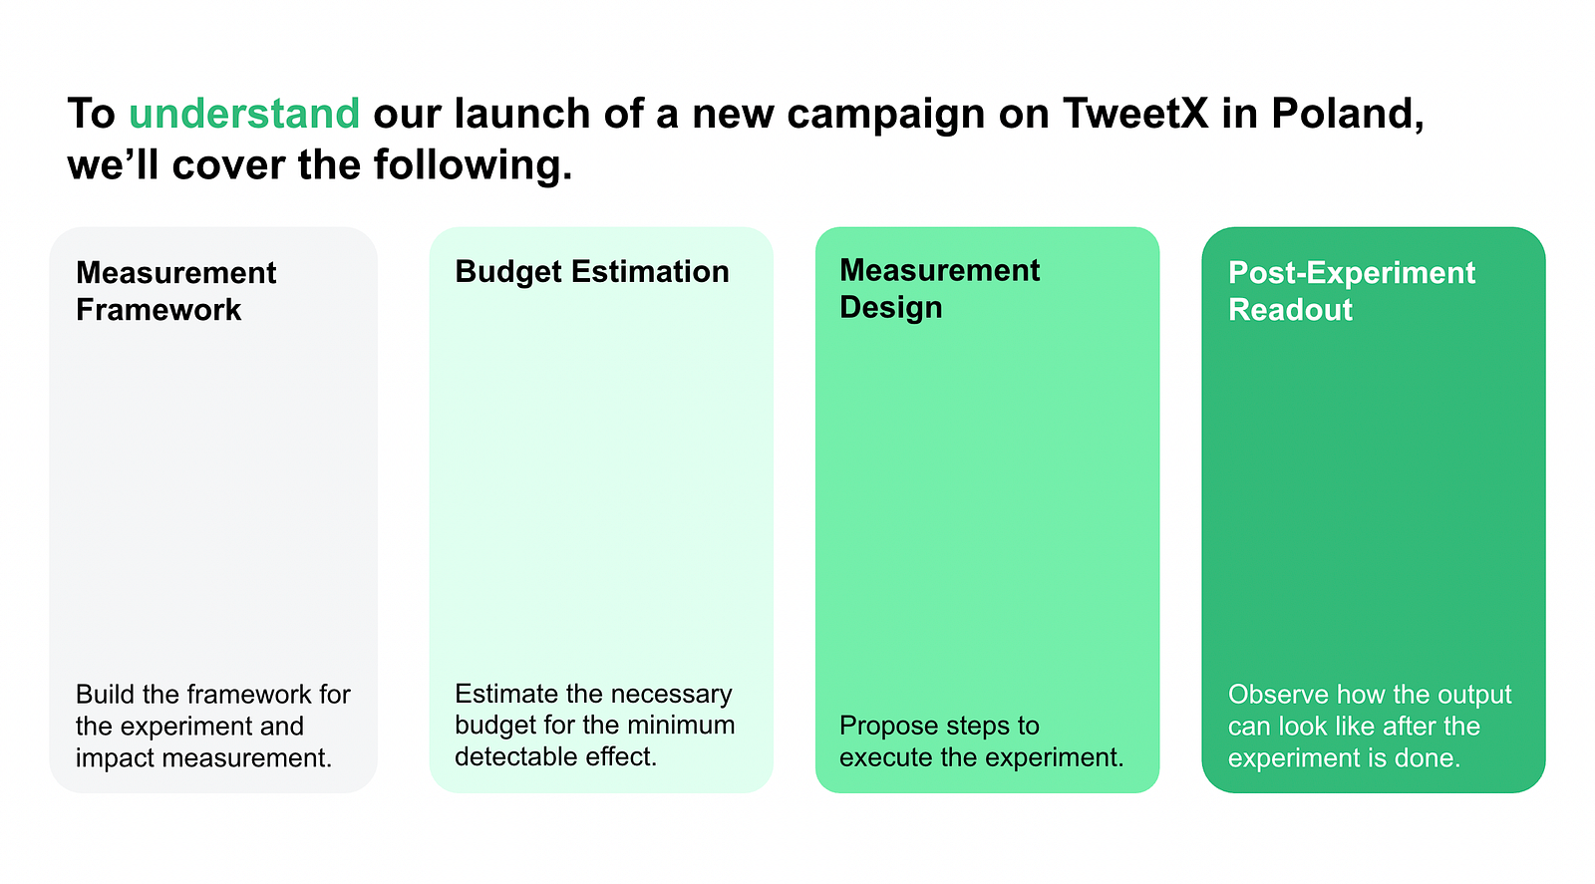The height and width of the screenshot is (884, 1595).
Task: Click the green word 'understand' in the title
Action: coord(244,114)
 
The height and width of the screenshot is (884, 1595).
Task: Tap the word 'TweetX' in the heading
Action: coord(1135,114)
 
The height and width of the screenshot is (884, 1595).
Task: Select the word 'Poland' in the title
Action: coord(1347,115)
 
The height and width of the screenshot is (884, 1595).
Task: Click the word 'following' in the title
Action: coord(473,165)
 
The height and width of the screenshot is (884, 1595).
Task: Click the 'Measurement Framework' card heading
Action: coord(175,291)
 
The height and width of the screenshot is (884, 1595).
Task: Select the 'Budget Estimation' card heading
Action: coord(592,272)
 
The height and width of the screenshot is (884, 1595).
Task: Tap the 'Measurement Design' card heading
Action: coord(939,289)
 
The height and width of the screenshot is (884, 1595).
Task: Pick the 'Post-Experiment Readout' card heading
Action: coord(1352,291)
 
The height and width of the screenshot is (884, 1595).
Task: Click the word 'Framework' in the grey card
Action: coord(159,310)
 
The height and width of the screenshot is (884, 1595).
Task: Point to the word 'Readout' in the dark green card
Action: coord(1290,310)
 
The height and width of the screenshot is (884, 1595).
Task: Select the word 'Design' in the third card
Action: coord(891,308)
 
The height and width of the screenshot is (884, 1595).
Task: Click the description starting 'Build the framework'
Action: coord(213,726)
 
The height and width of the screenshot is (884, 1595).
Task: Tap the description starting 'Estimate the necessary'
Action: coord(594,725)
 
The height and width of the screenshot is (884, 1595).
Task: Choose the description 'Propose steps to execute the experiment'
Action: coord(981,740)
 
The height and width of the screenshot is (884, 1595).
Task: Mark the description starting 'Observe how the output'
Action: coord(1370,726)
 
